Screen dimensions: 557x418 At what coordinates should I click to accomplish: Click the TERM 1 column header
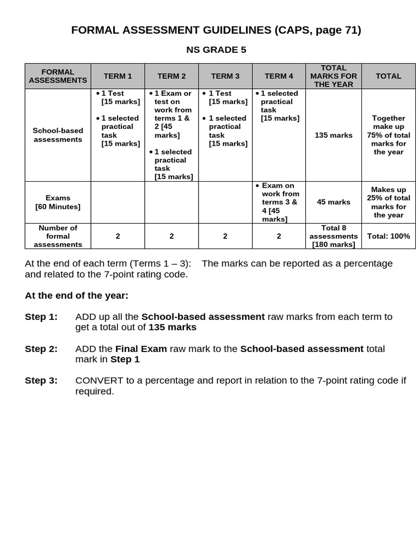point(118,76)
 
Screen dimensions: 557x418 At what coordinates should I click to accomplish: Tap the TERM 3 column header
point(225,76)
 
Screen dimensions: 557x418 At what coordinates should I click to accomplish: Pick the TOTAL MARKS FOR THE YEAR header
point(334,76)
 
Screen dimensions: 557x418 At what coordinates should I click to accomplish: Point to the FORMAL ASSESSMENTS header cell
point(58,76)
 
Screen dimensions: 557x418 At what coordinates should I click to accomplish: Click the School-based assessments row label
point(58,135)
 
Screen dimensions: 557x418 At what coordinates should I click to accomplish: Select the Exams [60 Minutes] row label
point(58,202)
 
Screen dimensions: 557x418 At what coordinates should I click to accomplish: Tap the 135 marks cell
point(334,135)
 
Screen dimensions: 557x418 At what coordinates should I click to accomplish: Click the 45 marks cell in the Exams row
point(334,202)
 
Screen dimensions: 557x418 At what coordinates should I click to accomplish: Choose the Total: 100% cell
point(389,236)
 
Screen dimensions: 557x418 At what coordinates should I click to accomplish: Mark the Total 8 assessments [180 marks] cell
point(334,236)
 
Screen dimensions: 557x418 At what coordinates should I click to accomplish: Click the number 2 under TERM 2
point(171,236)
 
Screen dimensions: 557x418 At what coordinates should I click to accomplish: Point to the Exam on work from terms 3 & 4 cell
point(279,202)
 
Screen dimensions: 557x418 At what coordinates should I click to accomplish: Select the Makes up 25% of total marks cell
point(389,202)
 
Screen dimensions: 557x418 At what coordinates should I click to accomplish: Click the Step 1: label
point(41,317)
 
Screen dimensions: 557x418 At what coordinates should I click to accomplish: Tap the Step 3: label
point(41,381)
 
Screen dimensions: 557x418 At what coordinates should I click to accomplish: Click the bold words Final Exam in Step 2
point(141,349)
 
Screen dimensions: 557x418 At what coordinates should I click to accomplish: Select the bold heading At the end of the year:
point(77,295)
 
